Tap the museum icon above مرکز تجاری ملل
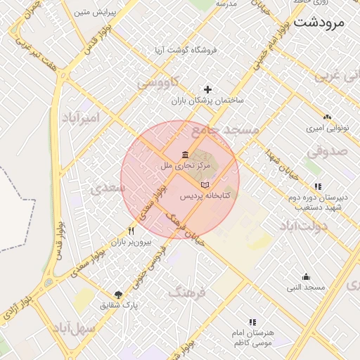point(185,155)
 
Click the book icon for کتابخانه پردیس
point(205,184)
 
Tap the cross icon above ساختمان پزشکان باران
point(207,89)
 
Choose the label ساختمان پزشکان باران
point(208,101)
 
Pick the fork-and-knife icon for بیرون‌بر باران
point(131,230)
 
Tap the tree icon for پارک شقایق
point(118,295)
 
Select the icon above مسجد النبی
point(306,276)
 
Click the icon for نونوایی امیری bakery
point(327,117)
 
